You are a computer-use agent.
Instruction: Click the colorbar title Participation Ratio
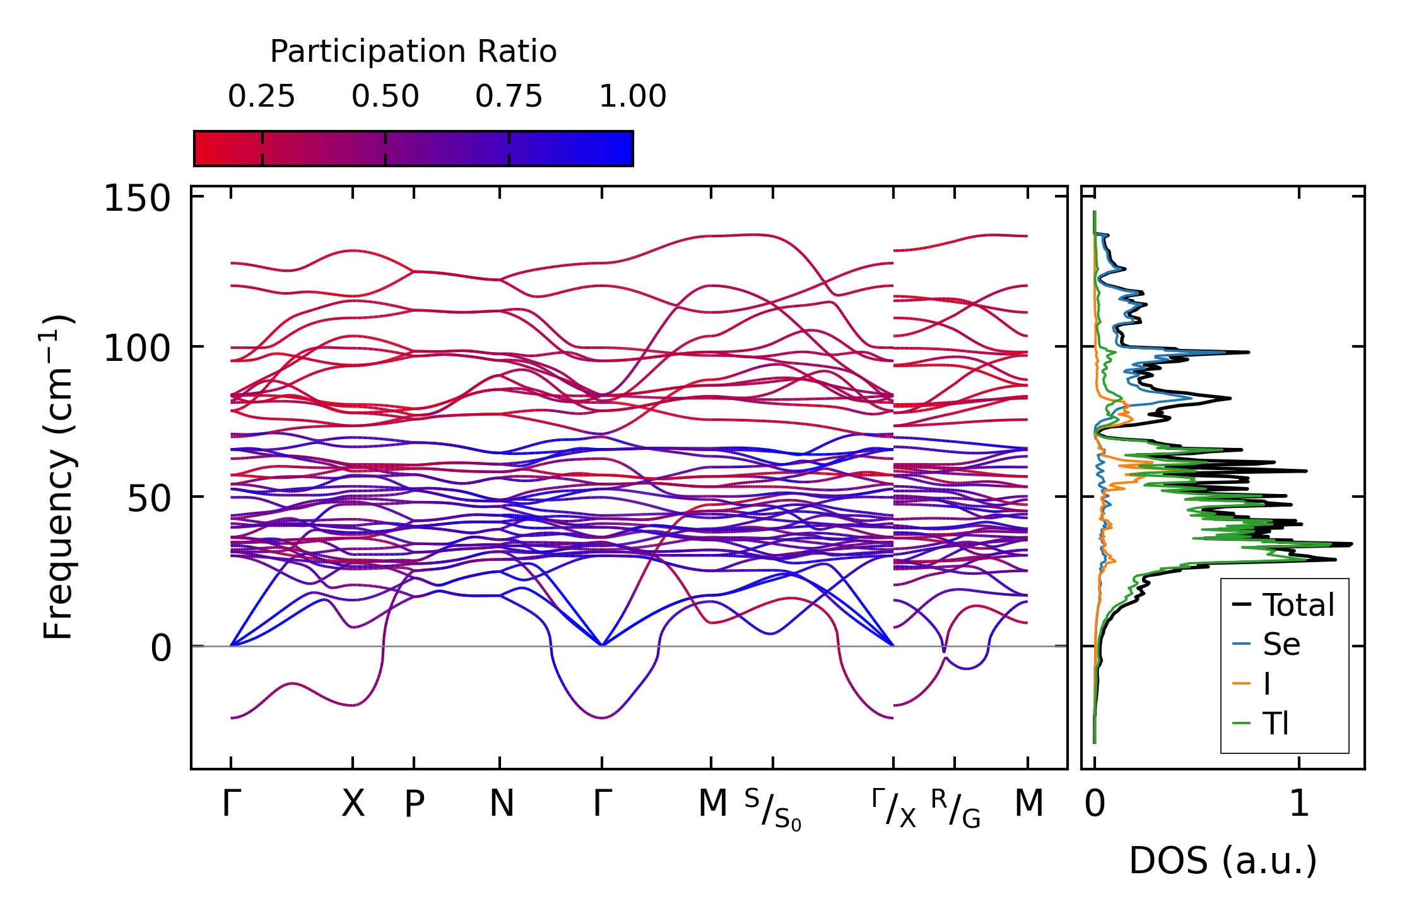tap(413, 52)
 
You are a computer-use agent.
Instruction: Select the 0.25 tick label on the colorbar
tap(261, 97)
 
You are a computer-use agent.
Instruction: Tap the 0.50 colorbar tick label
tap(385, 97)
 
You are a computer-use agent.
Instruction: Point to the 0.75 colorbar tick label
tap(509, 97)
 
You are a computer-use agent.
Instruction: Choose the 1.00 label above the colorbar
tap(632, 97)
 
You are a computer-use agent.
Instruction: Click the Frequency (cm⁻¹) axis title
tap(59, 478)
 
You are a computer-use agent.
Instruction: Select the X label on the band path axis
tap(353, 804)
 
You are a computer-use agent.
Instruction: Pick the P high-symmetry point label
tap(414, 804)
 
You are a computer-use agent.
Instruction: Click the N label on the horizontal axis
tap(502, 804)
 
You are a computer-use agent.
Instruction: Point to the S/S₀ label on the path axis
tap(772, 809)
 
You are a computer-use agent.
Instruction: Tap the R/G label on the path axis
tap(955, 808)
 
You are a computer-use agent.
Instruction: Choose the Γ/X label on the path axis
tap(893, 808)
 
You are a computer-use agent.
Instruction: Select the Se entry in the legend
tap(1281, 644)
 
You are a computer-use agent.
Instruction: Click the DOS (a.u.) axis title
tap(1223, 861)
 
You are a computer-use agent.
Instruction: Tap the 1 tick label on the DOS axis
tap(1299, 804)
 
